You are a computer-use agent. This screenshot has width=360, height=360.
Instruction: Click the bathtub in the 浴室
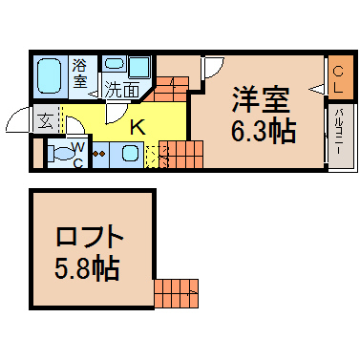click(x=49, y=76)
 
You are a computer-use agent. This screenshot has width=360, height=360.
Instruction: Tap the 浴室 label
click(x=80, y=74)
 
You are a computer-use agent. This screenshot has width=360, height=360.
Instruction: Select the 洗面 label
click(x=122, y=90)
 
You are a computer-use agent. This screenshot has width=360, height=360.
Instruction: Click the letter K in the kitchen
click(x=138, y=127)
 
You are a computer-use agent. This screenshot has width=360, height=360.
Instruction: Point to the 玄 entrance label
click(x=45, y=121)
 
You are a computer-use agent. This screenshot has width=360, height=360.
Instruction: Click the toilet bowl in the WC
click(x=61, y=154)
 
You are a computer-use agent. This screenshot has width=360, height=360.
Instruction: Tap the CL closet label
click(x=338, y=78)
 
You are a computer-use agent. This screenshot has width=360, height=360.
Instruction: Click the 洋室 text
click(x=261, y=99)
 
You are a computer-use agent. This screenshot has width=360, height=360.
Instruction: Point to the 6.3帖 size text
click(x=264, y=131)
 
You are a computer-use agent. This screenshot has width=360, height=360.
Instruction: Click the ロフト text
click(x=90, y=236)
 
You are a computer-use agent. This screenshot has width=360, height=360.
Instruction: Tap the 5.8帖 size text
click(x=87, y=269)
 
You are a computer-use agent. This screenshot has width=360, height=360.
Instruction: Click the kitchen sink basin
click(x=130, y=154)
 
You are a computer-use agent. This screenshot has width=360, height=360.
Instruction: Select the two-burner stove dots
click(x=98, y=154)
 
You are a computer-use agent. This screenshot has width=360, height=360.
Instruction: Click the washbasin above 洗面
click(x=116, y=64)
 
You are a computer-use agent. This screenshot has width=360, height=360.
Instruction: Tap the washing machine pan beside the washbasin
click(x=139, y=67)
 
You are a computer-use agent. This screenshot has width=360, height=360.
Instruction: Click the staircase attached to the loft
click(x=176, y=293)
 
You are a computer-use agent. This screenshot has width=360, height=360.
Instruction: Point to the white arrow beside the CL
click(x=316, y=90)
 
